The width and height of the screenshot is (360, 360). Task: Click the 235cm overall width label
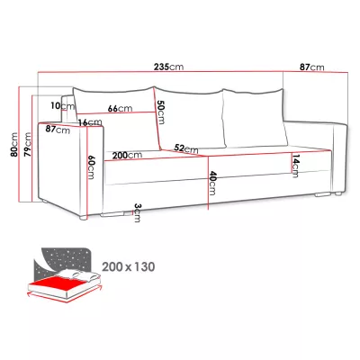(x=168, y=67)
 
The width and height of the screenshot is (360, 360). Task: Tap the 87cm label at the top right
(x=312, y=67)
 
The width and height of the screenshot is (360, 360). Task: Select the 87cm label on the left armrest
(x=58, y=130)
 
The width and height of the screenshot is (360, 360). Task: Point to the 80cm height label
(x=13, y=144)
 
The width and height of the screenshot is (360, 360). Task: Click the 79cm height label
(x=28, y=144)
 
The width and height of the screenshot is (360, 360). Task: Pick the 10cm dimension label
(x=62, y=105)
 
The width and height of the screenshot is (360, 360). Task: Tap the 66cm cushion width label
(x=120, y=108)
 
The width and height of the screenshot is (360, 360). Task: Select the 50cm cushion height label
(x=160, y=112)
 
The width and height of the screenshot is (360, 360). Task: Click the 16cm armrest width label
(x=90, y=122)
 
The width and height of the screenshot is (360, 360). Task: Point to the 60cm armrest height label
(x=91, y=166)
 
